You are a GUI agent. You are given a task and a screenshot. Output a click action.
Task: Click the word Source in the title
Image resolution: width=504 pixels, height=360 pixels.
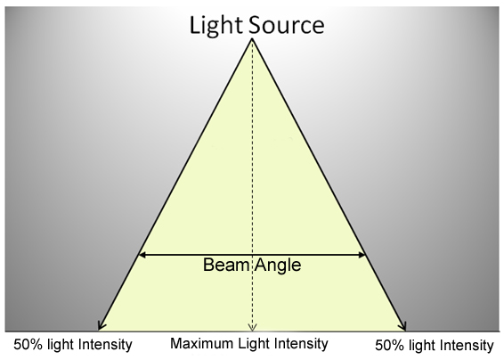point(287,25)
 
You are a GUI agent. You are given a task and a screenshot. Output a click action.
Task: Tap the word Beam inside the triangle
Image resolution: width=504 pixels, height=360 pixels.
point(226,265)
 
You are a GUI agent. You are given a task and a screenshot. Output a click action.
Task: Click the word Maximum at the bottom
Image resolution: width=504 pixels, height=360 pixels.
point(202,343)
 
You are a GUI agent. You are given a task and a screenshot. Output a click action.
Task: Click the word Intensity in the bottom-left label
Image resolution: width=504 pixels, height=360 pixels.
point(105,345)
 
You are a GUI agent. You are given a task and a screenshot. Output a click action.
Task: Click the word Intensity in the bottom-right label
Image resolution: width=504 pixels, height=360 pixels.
point(467,346)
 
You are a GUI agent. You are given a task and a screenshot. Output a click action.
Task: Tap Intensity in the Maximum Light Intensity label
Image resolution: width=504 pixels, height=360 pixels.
point(301,344)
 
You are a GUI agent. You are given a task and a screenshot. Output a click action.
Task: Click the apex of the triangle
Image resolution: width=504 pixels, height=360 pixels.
point(252,39)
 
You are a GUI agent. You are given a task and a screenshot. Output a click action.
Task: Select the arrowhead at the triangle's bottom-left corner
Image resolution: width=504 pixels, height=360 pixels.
point(102,325)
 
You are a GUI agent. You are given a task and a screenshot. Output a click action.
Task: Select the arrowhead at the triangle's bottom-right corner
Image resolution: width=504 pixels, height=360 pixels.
point(402,325)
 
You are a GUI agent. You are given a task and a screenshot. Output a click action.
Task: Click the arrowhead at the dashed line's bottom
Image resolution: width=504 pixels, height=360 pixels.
point(252,328)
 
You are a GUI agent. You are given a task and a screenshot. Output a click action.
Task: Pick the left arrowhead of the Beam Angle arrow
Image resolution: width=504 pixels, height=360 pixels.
point(142,255)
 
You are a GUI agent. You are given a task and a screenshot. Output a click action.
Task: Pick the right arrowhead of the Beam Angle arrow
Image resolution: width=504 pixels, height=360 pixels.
point(362,255)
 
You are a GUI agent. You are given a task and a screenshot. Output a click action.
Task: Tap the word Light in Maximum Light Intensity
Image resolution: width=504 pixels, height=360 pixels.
point(255,344)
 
